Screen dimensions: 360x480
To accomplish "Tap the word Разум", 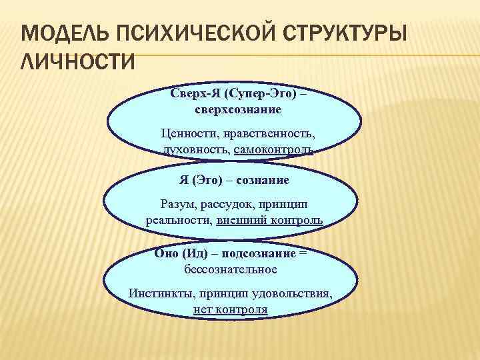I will tap(178, 203).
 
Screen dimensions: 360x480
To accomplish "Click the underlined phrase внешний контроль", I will tap(270, 220).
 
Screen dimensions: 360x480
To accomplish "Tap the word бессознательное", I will tap(231, 269).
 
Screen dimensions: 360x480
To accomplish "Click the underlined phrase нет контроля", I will tap(231, 309).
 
